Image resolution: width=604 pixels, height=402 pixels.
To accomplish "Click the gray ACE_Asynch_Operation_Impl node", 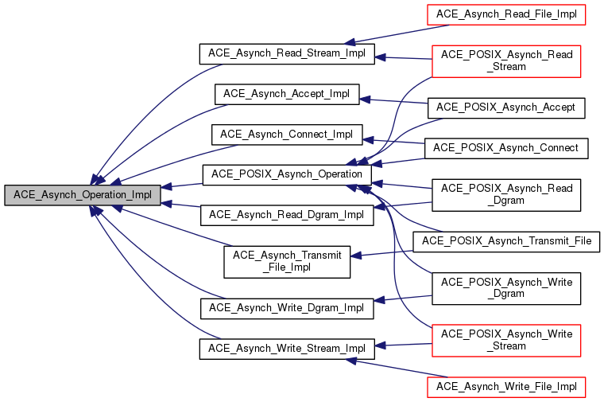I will coord(82,194).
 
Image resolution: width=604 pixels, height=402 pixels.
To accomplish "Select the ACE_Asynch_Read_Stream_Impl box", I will coord(286,53).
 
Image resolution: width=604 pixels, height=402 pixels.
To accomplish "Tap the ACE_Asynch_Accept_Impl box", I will coord(287,93).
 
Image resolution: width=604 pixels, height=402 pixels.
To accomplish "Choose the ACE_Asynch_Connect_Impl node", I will coord(286,133).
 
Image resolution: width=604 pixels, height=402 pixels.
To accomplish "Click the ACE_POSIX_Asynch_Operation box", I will coord(286,174).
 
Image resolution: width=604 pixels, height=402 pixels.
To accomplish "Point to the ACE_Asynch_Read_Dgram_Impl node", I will coord(286,214).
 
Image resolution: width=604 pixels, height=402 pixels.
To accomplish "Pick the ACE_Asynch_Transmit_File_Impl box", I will coord(286,261).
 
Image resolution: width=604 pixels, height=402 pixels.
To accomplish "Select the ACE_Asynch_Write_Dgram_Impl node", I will coord(286,307).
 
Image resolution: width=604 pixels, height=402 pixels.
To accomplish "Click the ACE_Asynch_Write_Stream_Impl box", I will coord(286,348).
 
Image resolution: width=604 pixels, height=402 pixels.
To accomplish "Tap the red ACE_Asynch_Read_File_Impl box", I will coord(506,14).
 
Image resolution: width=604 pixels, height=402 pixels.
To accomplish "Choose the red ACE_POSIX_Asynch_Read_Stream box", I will coord(506,60).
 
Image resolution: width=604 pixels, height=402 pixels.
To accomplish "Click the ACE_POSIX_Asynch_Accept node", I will coord(506,107).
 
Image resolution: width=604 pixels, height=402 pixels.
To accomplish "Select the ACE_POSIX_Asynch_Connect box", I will coord(506,148).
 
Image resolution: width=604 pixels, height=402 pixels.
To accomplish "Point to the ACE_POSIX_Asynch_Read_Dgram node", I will coord(506,194).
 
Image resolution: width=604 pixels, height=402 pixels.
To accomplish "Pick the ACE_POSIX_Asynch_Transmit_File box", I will coord(506,241).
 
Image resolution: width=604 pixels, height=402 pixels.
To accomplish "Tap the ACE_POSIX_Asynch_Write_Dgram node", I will coord(506,287).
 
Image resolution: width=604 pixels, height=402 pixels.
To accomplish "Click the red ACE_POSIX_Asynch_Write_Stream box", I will coord(506,340).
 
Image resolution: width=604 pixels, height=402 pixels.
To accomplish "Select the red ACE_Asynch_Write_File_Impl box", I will coord(506,387).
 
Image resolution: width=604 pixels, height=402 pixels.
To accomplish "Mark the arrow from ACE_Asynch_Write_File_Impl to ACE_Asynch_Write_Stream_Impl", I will coord(389,368).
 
